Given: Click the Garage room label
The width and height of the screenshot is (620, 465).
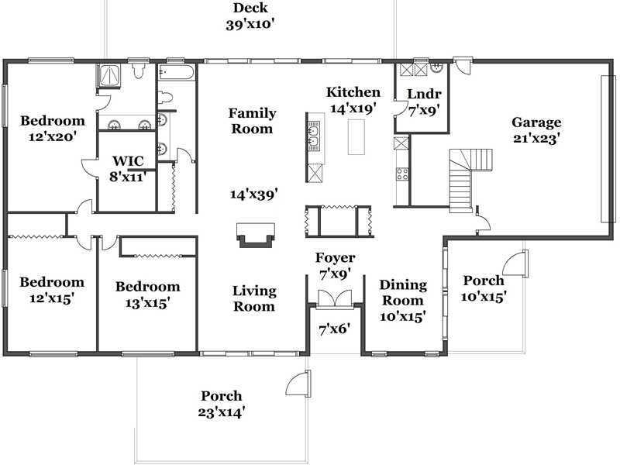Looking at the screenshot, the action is pyautogui.click(x=536, y=123).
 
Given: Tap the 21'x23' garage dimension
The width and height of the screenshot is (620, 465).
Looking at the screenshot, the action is pyautogui.click(x=536, y=139).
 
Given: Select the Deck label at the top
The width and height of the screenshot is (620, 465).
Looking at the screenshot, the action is pyautogui.click(x=250, y=8).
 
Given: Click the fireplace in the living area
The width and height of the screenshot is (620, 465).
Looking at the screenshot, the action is pyautogui.click(x=256, y=235).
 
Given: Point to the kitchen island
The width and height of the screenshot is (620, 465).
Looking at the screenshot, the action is pyautogui.click(x=356, y=137).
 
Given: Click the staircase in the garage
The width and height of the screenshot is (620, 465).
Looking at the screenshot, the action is pyautogui.click(x=470, y=179).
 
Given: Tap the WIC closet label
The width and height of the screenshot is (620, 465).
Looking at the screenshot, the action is pyautogui.click(x=128, y=161).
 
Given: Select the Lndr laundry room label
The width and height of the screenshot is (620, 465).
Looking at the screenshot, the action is pyautogui.click(x=424, y=94).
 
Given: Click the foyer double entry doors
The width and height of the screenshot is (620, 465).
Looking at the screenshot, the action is pyautogui.click(x=335, y=298).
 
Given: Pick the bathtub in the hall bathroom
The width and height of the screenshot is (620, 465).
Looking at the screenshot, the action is pyautogui.click(x=177, y=72).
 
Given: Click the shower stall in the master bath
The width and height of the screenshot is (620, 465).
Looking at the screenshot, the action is pyautogui.click(x=109, y=75).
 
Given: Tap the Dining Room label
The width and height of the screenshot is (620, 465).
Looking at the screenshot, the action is pyautogui.click(x=403, y=293).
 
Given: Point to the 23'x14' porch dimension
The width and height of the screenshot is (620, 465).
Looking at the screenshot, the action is pyautogui.click(x=222, y=412).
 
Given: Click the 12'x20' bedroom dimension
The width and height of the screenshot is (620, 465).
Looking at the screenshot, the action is pyautogui.click(x=53, y=137).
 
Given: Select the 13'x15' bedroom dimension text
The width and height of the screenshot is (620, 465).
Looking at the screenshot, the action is pyautogui.click(x=148, y=303).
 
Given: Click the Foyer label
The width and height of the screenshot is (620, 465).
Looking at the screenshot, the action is pyautogui.click(x=336, y=258).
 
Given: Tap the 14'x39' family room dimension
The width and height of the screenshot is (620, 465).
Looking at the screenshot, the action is pyautogui.click(x=254, y=195).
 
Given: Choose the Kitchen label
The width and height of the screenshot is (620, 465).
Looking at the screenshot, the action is pyautogui.click(x=353, y=92).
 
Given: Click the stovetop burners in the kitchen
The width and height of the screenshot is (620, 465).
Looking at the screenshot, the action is pyautogui.click(x=402, y=174).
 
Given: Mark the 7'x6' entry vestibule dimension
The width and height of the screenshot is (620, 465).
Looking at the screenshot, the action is pyautogui.click(x=335, y=329).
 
